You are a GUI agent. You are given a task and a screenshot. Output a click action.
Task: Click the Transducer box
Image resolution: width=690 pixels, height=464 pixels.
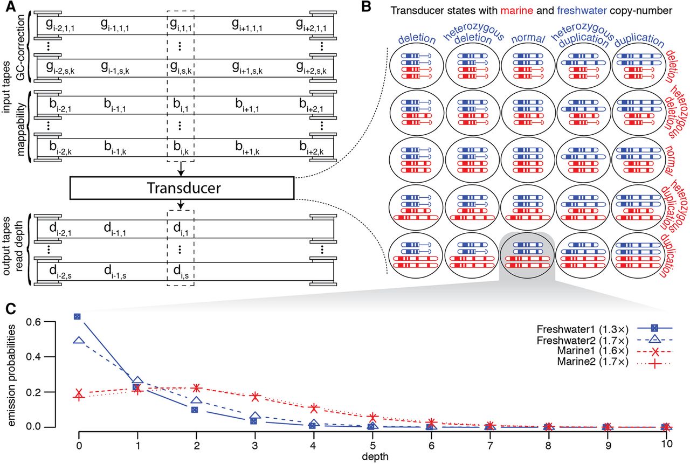coord(182,188)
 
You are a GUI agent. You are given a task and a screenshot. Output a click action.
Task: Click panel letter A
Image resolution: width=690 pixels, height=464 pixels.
coord(11,6)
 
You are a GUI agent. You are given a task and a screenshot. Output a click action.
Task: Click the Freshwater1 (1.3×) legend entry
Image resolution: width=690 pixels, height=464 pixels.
coord(603,329)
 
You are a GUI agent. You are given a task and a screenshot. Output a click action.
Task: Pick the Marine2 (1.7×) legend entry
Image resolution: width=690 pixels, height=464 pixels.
coord(613,362)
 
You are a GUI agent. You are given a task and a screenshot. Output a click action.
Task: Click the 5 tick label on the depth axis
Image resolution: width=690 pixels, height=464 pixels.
coord(372,445)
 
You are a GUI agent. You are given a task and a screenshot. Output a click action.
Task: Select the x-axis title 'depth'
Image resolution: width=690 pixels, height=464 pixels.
coord(375,457)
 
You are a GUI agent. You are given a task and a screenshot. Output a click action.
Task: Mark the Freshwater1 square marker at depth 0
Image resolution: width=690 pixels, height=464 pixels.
coord(77,316)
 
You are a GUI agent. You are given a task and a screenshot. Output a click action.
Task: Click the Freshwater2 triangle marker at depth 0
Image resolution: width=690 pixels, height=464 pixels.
coord(79,340)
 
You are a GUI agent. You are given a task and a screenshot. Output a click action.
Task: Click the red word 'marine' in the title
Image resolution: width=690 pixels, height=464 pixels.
coord(516,11)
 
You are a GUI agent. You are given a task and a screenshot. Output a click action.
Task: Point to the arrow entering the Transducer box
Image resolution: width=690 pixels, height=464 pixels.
coord(181,169)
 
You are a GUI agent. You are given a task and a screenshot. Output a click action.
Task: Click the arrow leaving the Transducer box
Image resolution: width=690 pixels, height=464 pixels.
coord(181,204)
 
